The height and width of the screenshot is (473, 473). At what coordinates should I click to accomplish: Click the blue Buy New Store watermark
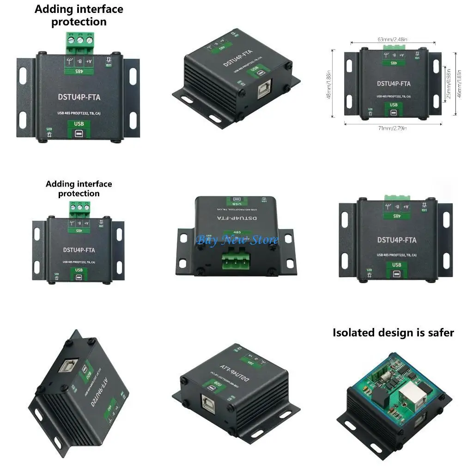(237, 240)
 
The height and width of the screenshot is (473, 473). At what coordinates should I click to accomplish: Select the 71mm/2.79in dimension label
(393, 128)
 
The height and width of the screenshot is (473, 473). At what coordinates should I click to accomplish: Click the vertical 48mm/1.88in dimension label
(329, 85)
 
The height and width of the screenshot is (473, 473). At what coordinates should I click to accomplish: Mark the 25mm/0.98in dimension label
(448, 83)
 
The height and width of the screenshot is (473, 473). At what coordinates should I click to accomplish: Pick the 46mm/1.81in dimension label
(459, 83)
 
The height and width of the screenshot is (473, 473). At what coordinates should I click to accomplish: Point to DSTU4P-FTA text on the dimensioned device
(393, 84)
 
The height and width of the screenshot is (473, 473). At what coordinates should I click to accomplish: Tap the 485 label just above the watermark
(237, 232)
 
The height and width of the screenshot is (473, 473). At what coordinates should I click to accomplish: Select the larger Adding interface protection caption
(79, 15)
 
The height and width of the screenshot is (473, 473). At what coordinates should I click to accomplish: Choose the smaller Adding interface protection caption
(79, 188)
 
